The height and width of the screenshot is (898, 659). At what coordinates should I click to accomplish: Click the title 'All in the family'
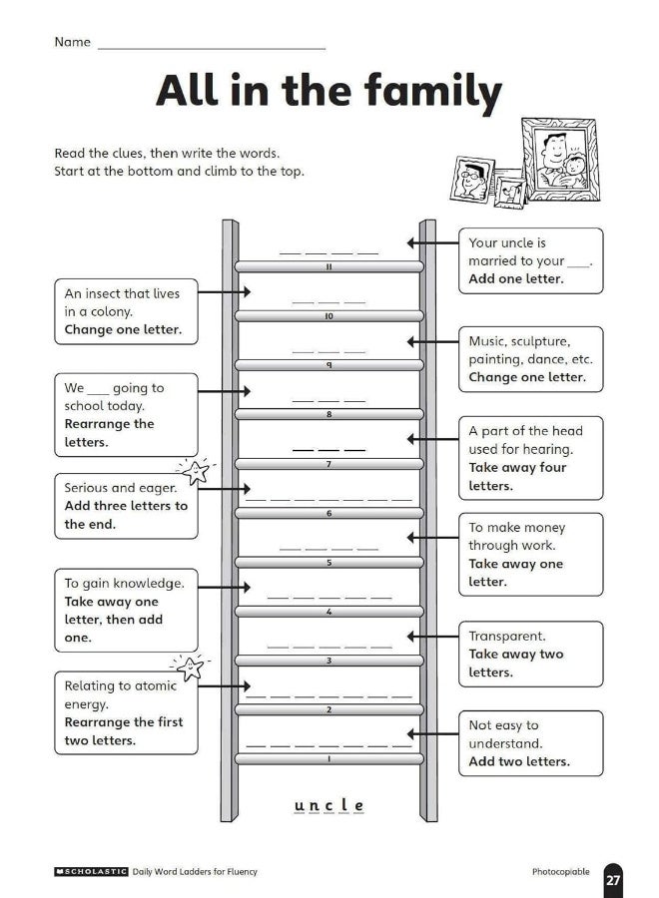click(329, 92)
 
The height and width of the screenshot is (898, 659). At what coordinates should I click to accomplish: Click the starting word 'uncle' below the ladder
click(329, 805)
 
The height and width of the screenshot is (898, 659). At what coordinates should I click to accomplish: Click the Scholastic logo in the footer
click(91, 871)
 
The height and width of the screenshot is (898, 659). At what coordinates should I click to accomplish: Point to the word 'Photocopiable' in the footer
click(560, 871)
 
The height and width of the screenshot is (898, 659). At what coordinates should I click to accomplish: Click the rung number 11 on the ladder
click(329, 267)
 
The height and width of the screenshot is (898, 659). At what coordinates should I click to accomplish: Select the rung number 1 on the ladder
click(329, 759)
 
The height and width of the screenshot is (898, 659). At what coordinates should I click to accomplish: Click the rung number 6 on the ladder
click(329, 513)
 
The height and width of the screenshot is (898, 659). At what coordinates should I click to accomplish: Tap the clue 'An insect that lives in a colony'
click(125, 311)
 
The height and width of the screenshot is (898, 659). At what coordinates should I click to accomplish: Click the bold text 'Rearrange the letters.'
click(109, 433)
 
